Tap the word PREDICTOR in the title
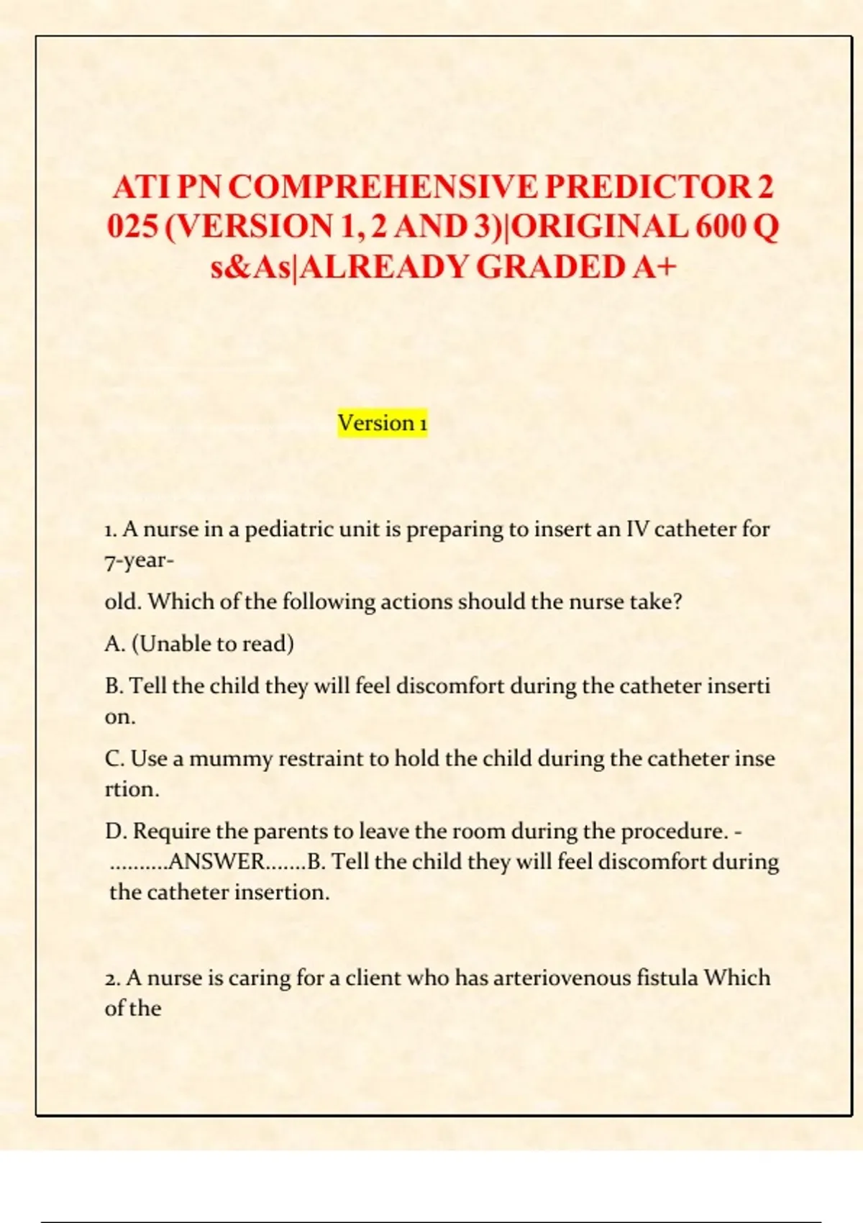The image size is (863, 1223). [647, 187]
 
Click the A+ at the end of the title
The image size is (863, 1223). [655, 267]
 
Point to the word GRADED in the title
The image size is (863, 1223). [550, 267]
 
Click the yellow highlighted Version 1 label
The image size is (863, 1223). [383, 423]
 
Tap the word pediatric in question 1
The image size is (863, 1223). [291, 529]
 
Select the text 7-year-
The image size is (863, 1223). [139, 560]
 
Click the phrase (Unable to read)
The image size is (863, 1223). [212, 644]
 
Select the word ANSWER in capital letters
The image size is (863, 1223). [216, 862]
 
